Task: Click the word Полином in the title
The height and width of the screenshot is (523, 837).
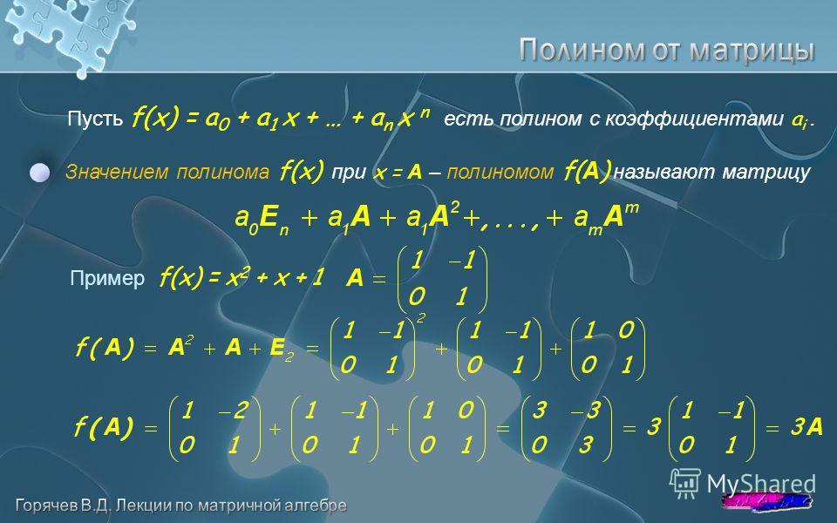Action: coord(582,51)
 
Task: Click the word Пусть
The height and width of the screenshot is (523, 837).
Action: coord(95,118)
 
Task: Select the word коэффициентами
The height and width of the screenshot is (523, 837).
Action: coord(693,119)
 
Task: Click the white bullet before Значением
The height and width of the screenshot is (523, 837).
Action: coord(39,173)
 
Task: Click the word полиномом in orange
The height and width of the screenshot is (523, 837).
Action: coord(500,172)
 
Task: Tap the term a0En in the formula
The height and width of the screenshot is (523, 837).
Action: coord(262,219)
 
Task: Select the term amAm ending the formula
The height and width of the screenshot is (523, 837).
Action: coord(606,218)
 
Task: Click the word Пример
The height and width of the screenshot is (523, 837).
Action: coord(107,278)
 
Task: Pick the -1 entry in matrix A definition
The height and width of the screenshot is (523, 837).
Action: coord(461,261)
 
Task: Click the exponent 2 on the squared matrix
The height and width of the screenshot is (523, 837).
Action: coord(421,319)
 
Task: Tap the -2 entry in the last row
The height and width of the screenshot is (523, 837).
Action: coord(235,411)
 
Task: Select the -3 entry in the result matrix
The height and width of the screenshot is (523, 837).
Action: coord(586,411)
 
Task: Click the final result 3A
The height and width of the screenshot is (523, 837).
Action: coord(806,427)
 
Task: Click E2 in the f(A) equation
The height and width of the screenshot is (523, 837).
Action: coord(282,349)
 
